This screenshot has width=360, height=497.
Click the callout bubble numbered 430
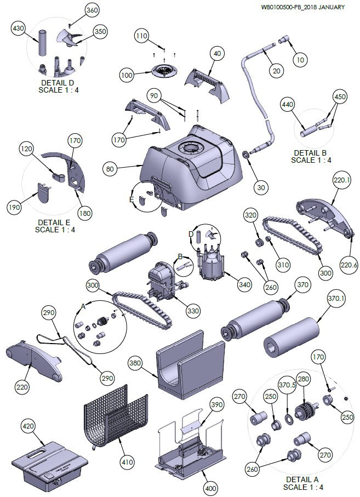(x=19, y=28)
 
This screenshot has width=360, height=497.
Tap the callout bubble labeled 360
(x=92, y=10)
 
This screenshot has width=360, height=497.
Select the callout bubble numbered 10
(x=299, y=59)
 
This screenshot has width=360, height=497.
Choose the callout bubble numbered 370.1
(x=336, y=299)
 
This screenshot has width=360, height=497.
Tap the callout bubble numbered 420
(x=29, y=426)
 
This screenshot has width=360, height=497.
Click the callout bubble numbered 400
(x=210, y=487)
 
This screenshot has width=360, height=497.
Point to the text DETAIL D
(x=58, y=83)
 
